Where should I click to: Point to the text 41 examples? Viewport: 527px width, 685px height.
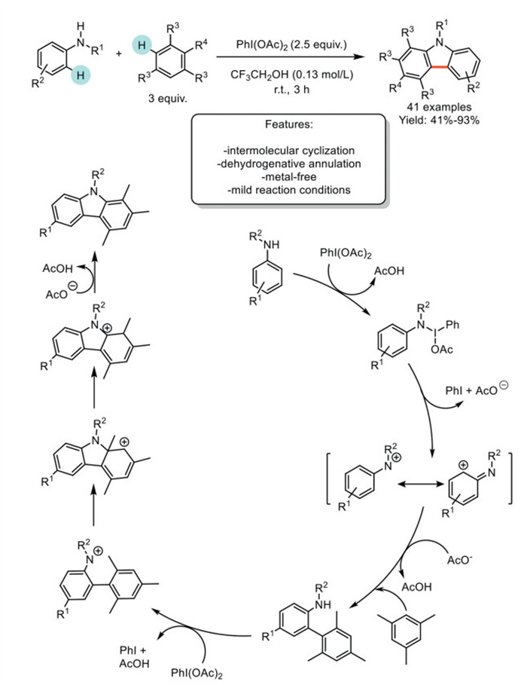tap(438, 107)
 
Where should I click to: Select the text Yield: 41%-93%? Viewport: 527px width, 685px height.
tap(438, 119)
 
